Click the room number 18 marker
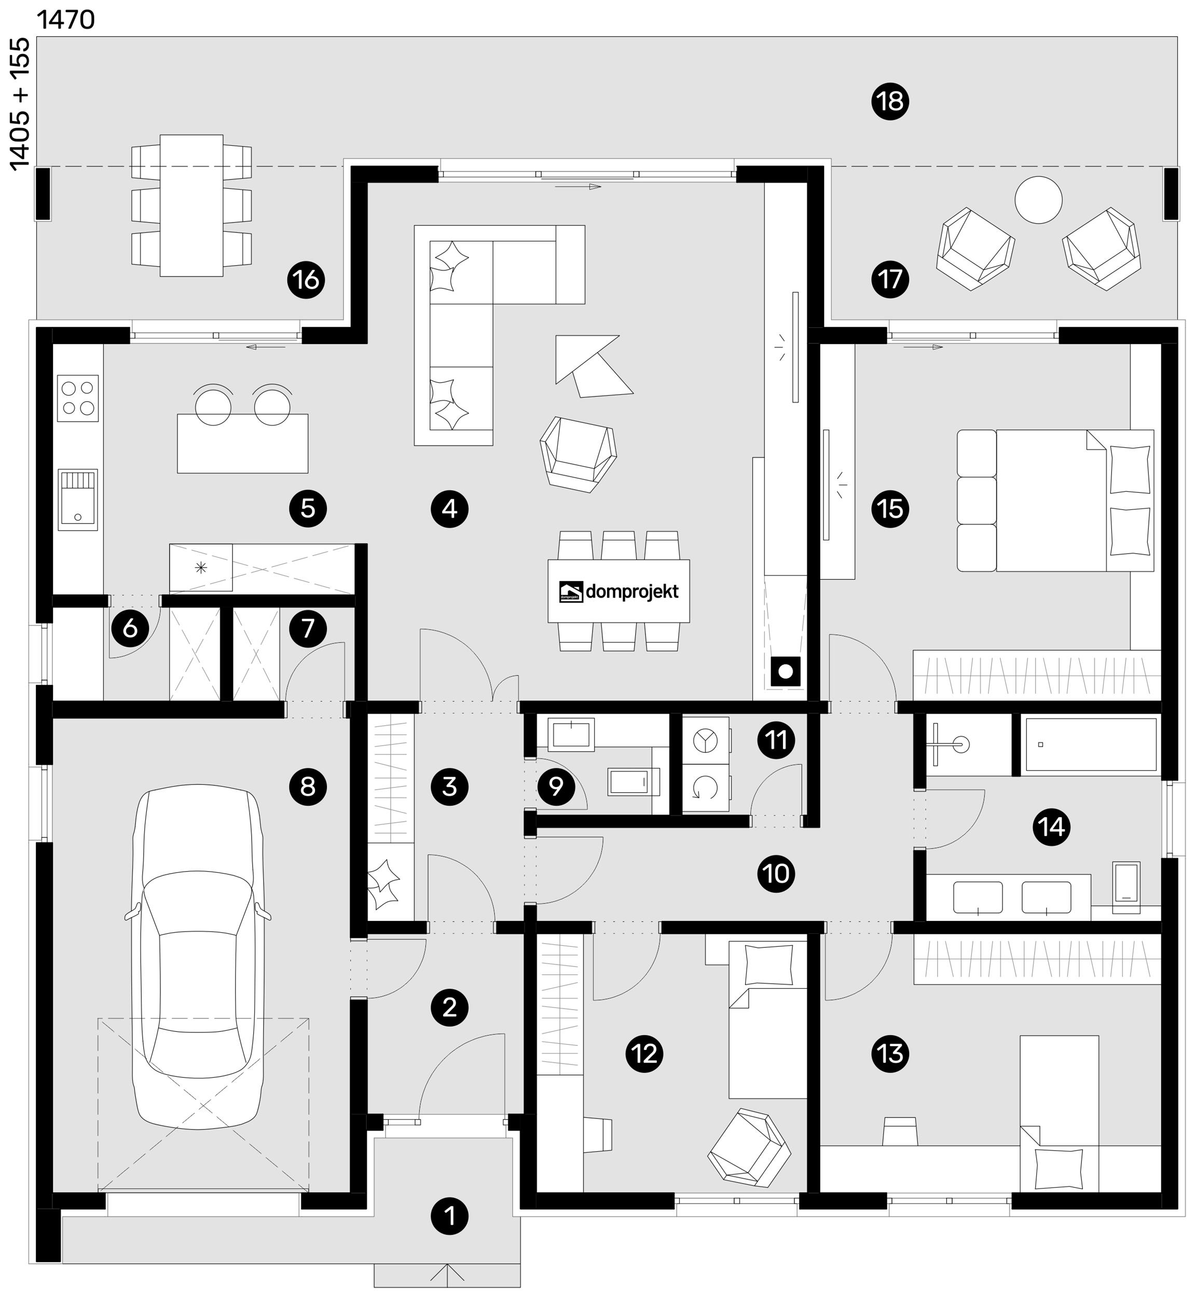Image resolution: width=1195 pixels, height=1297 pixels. point(890,102)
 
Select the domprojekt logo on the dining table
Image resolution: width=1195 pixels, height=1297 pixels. point(619,591)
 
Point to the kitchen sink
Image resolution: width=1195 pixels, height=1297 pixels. point(78,500)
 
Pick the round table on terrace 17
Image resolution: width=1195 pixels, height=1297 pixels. point(1038,200)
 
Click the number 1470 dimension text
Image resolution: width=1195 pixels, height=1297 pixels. point(66,20)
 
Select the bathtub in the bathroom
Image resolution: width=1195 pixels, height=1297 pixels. point(1091,744)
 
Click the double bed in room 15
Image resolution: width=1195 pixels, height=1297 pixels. point(1055,501)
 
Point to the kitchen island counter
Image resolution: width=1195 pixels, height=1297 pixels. point(242,444)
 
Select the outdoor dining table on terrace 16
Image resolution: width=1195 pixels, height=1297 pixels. point(191,205)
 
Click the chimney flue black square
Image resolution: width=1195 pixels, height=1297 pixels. point(786,672)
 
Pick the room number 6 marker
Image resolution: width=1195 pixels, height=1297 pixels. point(130,628)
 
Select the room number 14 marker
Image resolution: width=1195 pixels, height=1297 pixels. point(1051,826)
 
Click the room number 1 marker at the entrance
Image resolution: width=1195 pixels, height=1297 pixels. point(449,1216)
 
